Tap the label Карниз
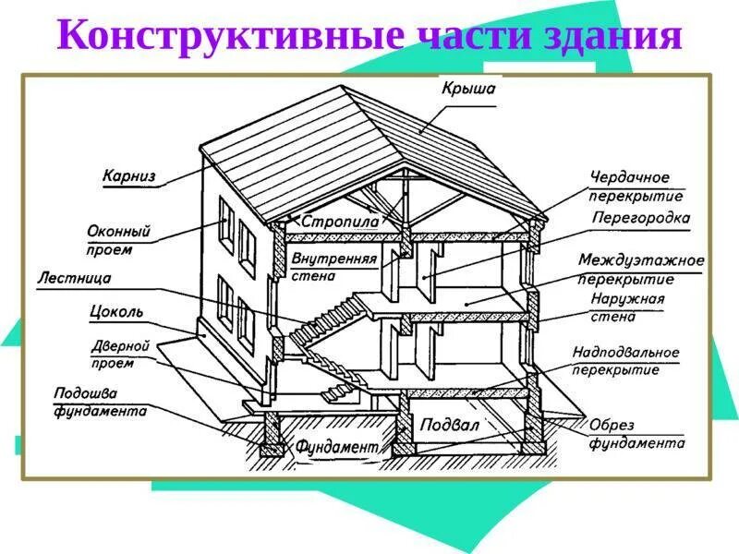point(129,175)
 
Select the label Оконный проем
point(118,240)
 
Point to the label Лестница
point(75,277)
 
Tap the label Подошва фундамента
point(100,402)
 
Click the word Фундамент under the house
point(337,446)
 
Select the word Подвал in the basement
point(450,426)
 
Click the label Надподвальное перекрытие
point(625,361)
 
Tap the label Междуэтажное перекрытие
point(641,270)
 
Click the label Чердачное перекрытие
point(636,187)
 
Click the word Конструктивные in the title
point(230,36)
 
